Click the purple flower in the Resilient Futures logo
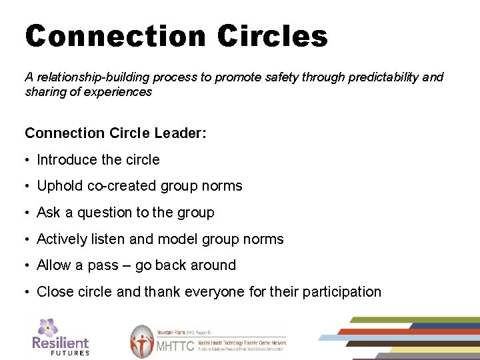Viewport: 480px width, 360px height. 47,327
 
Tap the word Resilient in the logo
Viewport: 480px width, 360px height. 60,343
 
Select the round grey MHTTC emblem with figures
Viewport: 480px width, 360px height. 141,341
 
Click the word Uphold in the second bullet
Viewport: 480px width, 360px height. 58,187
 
